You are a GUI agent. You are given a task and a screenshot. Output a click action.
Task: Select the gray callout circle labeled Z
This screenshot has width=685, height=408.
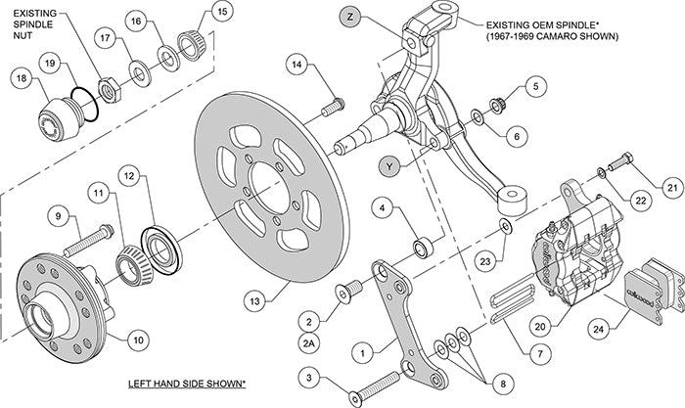(353, 16)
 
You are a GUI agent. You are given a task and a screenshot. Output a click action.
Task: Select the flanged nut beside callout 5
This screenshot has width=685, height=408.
(495, 102)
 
